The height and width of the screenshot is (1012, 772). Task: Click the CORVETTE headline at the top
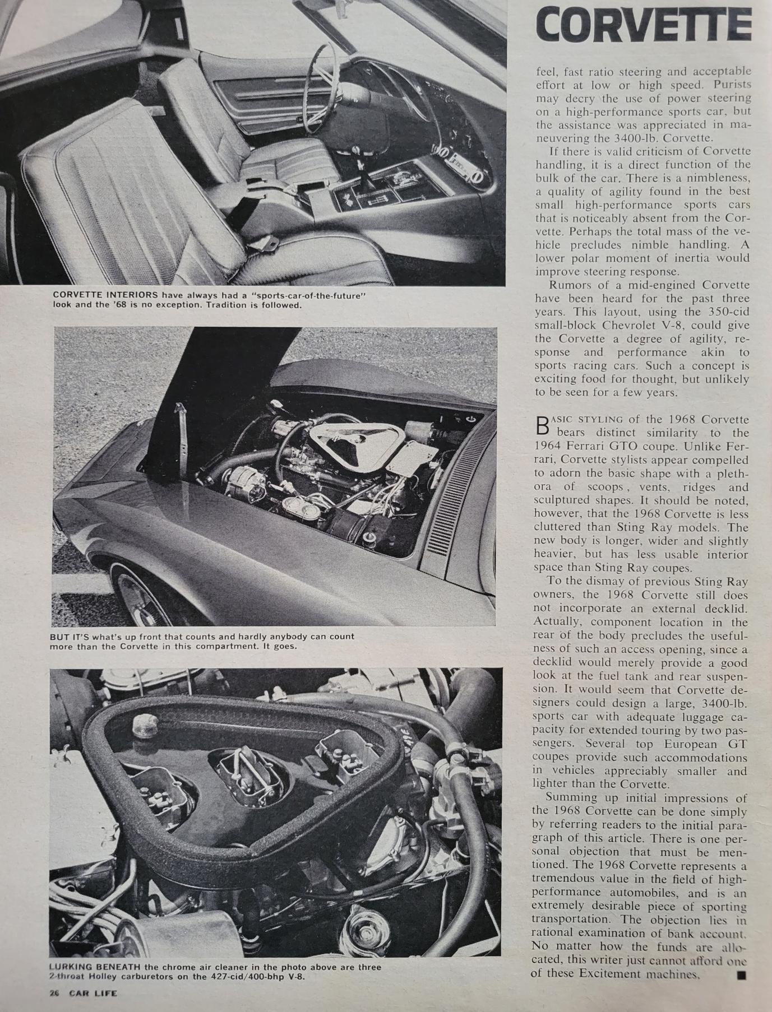click(x=643, y=25)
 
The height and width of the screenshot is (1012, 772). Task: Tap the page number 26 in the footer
click(x=54, y=993)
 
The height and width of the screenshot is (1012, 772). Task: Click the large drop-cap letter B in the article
click(x=542, y=425)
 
